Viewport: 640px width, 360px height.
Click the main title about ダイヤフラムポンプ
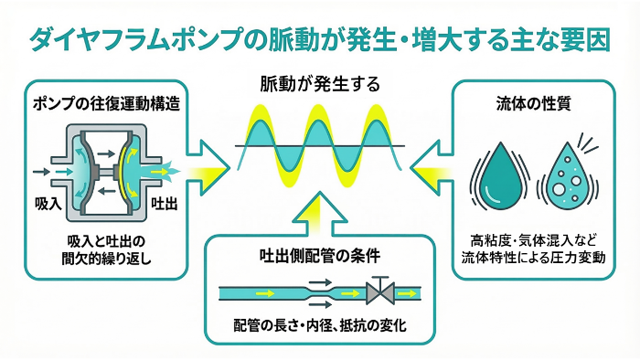[x=319, y=41]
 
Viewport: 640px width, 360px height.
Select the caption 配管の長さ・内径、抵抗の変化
[x=319, y=326]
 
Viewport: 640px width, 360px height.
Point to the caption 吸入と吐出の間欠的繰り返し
[x=106, y=249]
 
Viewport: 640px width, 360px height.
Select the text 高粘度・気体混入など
[x=534, y=242]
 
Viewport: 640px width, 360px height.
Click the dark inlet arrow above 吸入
[x=42, y=171]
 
